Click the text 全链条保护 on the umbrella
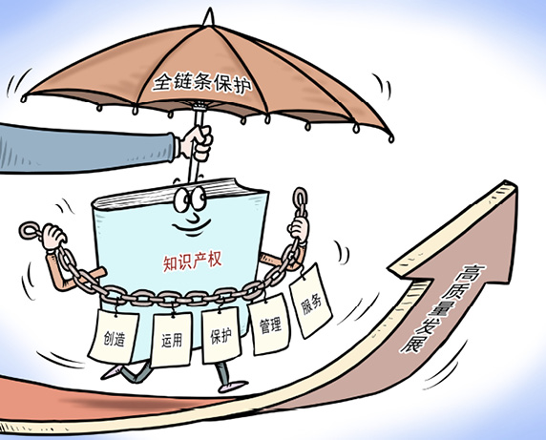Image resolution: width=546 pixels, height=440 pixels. (201, 82)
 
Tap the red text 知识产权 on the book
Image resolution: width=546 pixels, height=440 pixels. (192, 262)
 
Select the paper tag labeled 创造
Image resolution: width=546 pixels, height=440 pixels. (114, 336)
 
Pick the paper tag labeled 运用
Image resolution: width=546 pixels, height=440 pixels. (171, 340)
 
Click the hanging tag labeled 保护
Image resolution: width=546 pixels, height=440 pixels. (221, 335)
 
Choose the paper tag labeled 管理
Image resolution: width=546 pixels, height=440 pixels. (270, 325)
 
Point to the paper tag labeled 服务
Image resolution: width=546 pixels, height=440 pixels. (310, 301)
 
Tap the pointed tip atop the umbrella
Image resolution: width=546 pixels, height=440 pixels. (209, 10)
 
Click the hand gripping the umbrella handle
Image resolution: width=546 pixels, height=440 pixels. (197, 143)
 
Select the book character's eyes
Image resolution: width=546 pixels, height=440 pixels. (190, 199)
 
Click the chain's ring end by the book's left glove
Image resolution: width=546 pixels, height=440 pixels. (30, 231)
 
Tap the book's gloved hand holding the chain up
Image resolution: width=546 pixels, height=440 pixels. (299, 229)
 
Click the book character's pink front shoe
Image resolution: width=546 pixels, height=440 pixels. (232, 386)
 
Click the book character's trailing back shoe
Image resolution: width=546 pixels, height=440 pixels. (111, 372)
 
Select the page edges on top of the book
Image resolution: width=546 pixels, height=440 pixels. (178, 194)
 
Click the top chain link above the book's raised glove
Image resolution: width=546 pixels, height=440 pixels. (300, 198)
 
